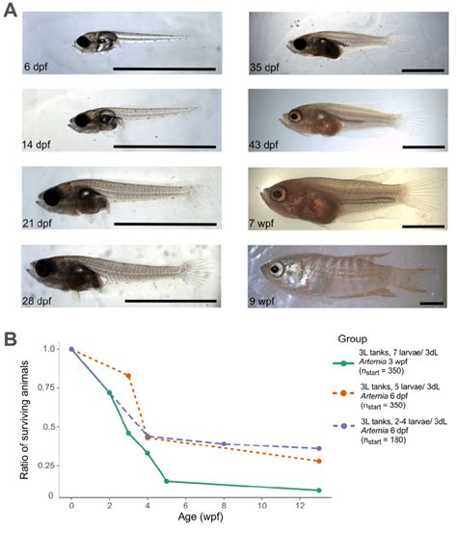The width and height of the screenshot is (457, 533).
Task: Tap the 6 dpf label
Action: tap(39, 68)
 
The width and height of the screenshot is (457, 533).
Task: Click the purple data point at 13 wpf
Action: tap(318, 448)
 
